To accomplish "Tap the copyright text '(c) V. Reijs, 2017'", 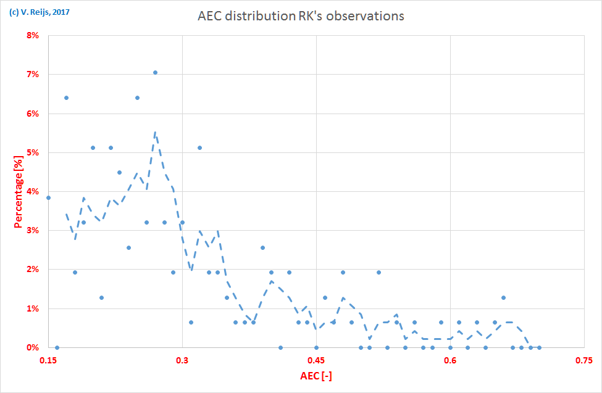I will click(39, 10).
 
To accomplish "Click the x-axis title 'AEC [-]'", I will click(316, 376).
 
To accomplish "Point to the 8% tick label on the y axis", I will click(31, 35).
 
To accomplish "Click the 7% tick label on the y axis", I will click(31, 75).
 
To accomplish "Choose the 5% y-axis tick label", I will click(31, 152).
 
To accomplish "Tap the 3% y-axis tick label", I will click(31, 231).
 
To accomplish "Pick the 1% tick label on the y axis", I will click(31, 308).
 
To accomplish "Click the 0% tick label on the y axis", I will click(31, 347).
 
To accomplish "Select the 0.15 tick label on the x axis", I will click(48, 359).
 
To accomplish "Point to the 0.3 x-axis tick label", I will click(182, 359).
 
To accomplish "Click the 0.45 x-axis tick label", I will click(316, 359).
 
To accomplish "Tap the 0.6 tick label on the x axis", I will click(450, 359).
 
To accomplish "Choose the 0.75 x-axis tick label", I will click(584, 359).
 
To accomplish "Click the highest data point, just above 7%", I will click(155, 72).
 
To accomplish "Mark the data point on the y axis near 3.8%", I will click(48, 197).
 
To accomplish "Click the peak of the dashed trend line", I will click(155, 132).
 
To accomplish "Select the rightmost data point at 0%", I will click(539, 347).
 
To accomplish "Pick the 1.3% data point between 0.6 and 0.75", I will click(504, 297).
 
